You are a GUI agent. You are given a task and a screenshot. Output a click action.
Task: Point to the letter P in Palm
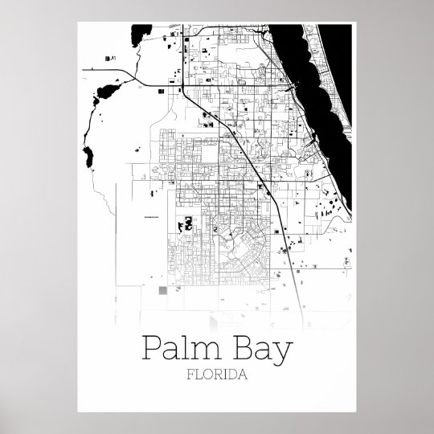click(149, 349)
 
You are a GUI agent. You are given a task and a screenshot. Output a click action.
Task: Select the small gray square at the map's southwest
click(164, 290)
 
